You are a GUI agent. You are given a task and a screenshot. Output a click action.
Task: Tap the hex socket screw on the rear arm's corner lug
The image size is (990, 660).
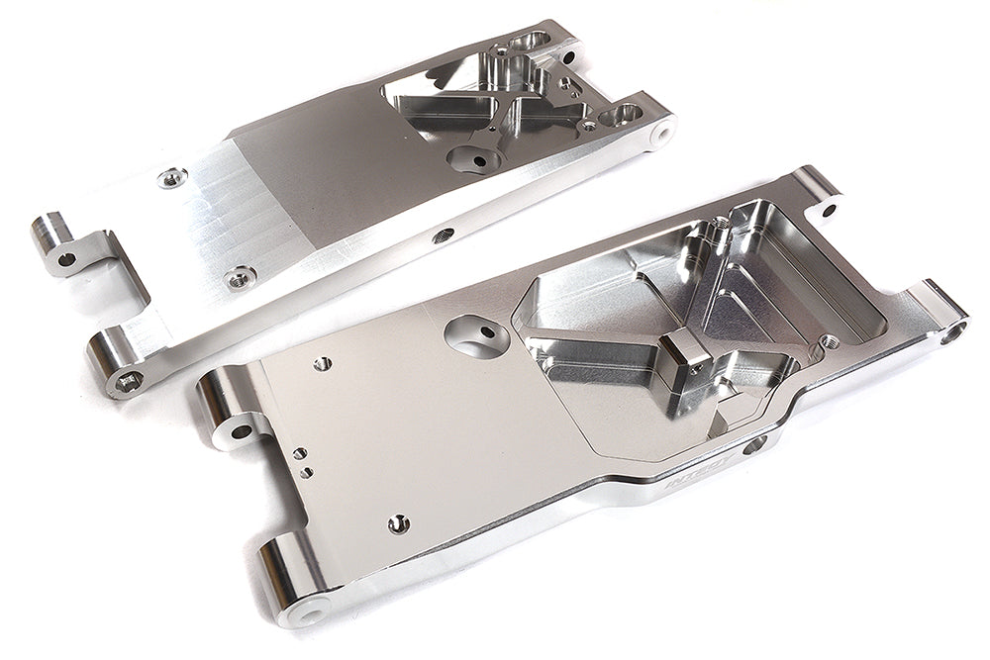click(128, 380)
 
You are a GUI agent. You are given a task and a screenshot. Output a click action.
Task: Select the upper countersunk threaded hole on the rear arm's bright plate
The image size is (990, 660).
click(172, 178)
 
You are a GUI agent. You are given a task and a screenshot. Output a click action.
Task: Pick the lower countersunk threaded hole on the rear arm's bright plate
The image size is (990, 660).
click(240, 278)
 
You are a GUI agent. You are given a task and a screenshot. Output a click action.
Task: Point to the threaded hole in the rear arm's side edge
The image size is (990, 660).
click(444, 235)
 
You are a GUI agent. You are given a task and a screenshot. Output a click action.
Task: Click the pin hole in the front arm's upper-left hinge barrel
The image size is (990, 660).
click(241, 431)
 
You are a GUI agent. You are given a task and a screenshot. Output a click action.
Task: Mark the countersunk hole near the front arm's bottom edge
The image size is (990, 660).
click(398, 523)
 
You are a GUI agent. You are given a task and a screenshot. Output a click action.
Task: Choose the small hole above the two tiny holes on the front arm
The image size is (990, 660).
click(322, 364)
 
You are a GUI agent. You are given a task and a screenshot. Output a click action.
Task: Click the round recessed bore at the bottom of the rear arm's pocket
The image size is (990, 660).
click(476, 158)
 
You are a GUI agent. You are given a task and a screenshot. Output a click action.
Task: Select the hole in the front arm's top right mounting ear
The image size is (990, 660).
click(828, 209)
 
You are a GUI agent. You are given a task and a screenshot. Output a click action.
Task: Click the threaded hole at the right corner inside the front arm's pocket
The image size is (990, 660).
click(830, 341)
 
